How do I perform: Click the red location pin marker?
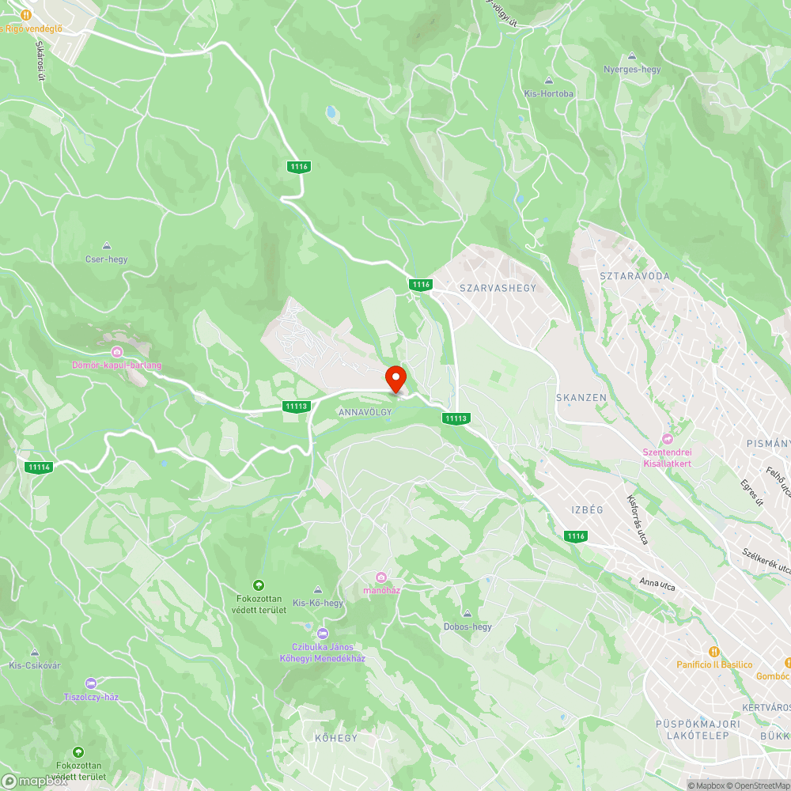[x=395, y=379]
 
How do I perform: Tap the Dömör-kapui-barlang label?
[x=116, y=365]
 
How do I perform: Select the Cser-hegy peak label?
[x=106, y=259]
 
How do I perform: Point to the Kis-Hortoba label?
[x=549, y=93]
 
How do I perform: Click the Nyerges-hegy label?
[x=631, y=70]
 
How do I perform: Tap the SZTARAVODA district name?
[x=634, y=276]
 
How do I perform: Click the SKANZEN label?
[x=581, y=397]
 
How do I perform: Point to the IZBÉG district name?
[x=587, y=510]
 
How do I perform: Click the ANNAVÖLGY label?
[x=365, y=413]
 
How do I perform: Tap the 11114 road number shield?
[x=38, y=467]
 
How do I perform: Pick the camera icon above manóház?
[x=382, y=577]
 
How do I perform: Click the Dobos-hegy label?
[x=467, y=626]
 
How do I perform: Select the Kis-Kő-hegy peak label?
[x=318, y=603]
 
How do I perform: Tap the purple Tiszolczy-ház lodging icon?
[x=91, y=683]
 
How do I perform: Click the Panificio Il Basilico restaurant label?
[x=714, y=664]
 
